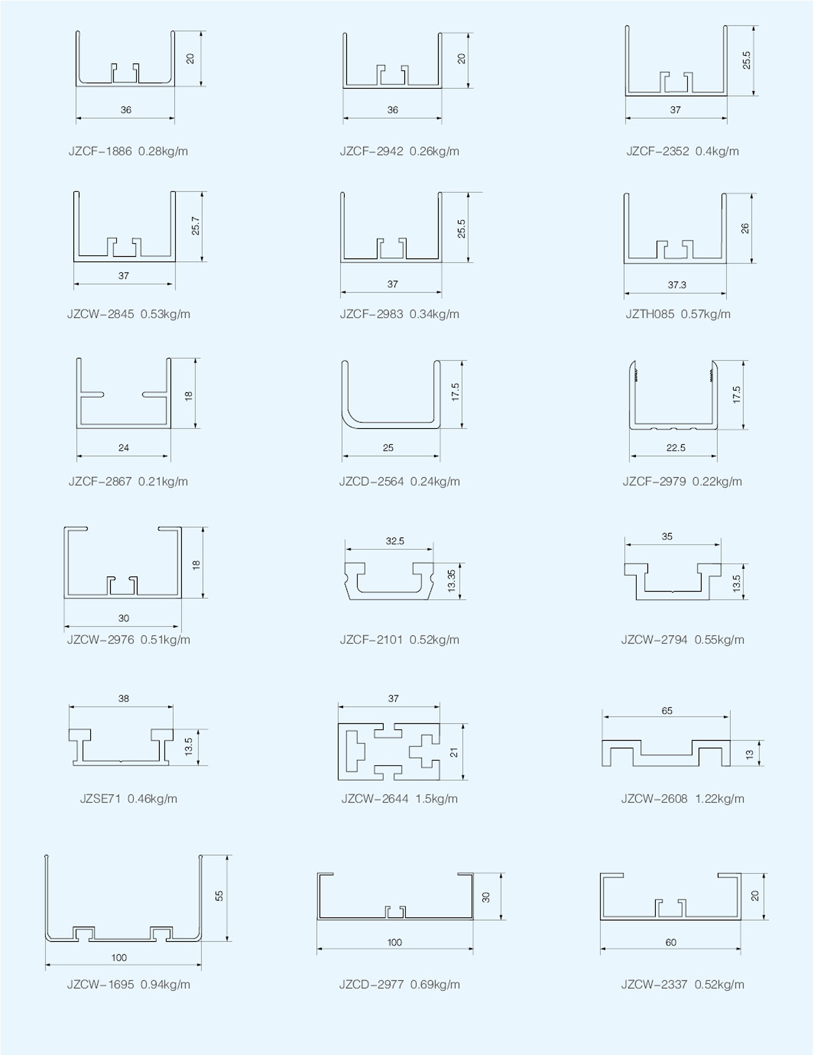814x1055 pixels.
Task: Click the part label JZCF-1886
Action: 100,152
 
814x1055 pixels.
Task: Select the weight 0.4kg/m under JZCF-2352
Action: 717,152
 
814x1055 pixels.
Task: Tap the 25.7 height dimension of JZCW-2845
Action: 195,226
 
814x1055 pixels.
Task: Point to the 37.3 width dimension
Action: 677,285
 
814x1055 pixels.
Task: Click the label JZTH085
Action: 650,315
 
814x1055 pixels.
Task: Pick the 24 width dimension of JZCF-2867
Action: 124,448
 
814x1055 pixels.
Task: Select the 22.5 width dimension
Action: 676,448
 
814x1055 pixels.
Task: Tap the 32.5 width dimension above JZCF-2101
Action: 395,541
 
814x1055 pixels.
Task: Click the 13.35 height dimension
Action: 452,581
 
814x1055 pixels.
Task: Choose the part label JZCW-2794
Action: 654,640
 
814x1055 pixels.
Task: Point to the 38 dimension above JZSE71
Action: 124,698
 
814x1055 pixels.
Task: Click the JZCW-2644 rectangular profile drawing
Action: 389,752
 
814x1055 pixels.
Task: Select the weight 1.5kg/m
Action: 437,799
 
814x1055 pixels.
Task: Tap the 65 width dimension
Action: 667,711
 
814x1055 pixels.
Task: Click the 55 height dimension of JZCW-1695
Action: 219,896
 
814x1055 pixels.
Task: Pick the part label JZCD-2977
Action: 372,985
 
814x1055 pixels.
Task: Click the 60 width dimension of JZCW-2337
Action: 671,943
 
